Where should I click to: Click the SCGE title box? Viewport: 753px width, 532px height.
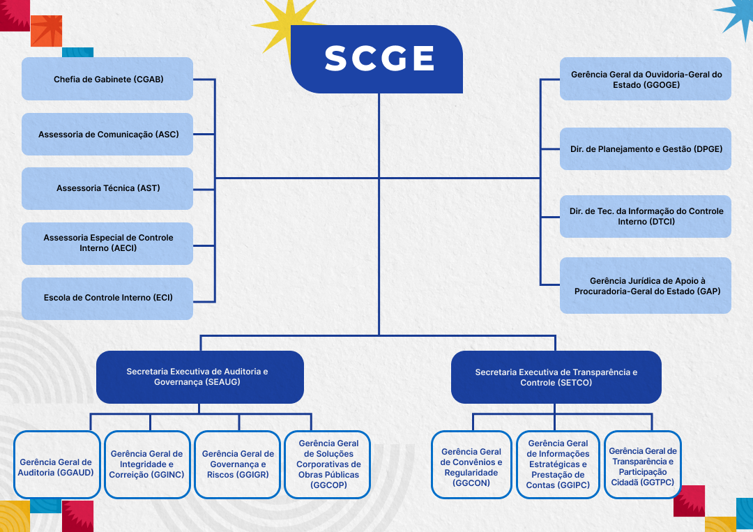[380, 59]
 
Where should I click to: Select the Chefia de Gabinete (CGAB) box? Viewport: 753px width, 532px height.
[107, 79]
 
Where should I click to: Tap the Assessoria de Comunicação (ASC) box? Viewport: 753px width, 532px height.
[107, 134]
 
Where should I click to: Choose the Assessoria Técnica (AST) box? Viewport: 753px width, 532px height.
[107, 188]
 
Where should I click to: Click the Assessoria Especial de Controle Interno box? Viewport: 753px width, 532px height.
[107, 243]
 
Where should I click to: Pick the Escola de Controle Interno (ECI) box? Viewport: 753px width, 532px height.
[107, 298]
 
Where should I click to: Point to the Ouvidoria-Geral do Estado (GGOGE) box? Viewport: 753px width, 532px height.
[646, 79]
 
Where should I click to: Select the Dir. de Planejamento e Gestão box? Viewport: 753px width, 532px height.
[646, 149]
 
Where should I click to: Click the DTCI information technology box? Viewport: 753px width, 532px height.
[646, 216]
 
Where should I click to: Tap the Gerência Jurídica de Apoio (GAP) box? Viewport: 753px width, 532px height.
[646, 285]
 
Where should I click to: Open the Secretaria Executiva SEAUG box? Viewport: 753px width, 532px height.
[200, 377]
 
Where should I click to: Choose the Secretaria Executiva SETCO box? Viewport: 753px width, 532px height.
[556, 377]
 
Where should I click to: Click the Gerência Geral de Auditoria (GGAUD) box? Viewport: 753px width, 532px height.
[56, 465]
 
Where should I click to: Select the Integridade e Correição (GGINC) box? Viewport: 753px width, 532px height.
[147, 465]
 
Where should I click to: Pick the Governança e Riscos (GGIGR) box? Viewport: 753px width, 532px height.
[238, 465]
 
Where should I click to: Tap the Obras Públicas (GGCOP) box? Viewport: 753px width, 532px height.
[328, 465]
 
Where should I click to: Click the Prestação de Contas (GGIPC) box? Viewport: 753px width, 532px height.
[558, 465]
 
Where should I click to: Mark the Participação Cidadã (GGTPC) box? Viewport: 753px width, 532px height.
[642, 465]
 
